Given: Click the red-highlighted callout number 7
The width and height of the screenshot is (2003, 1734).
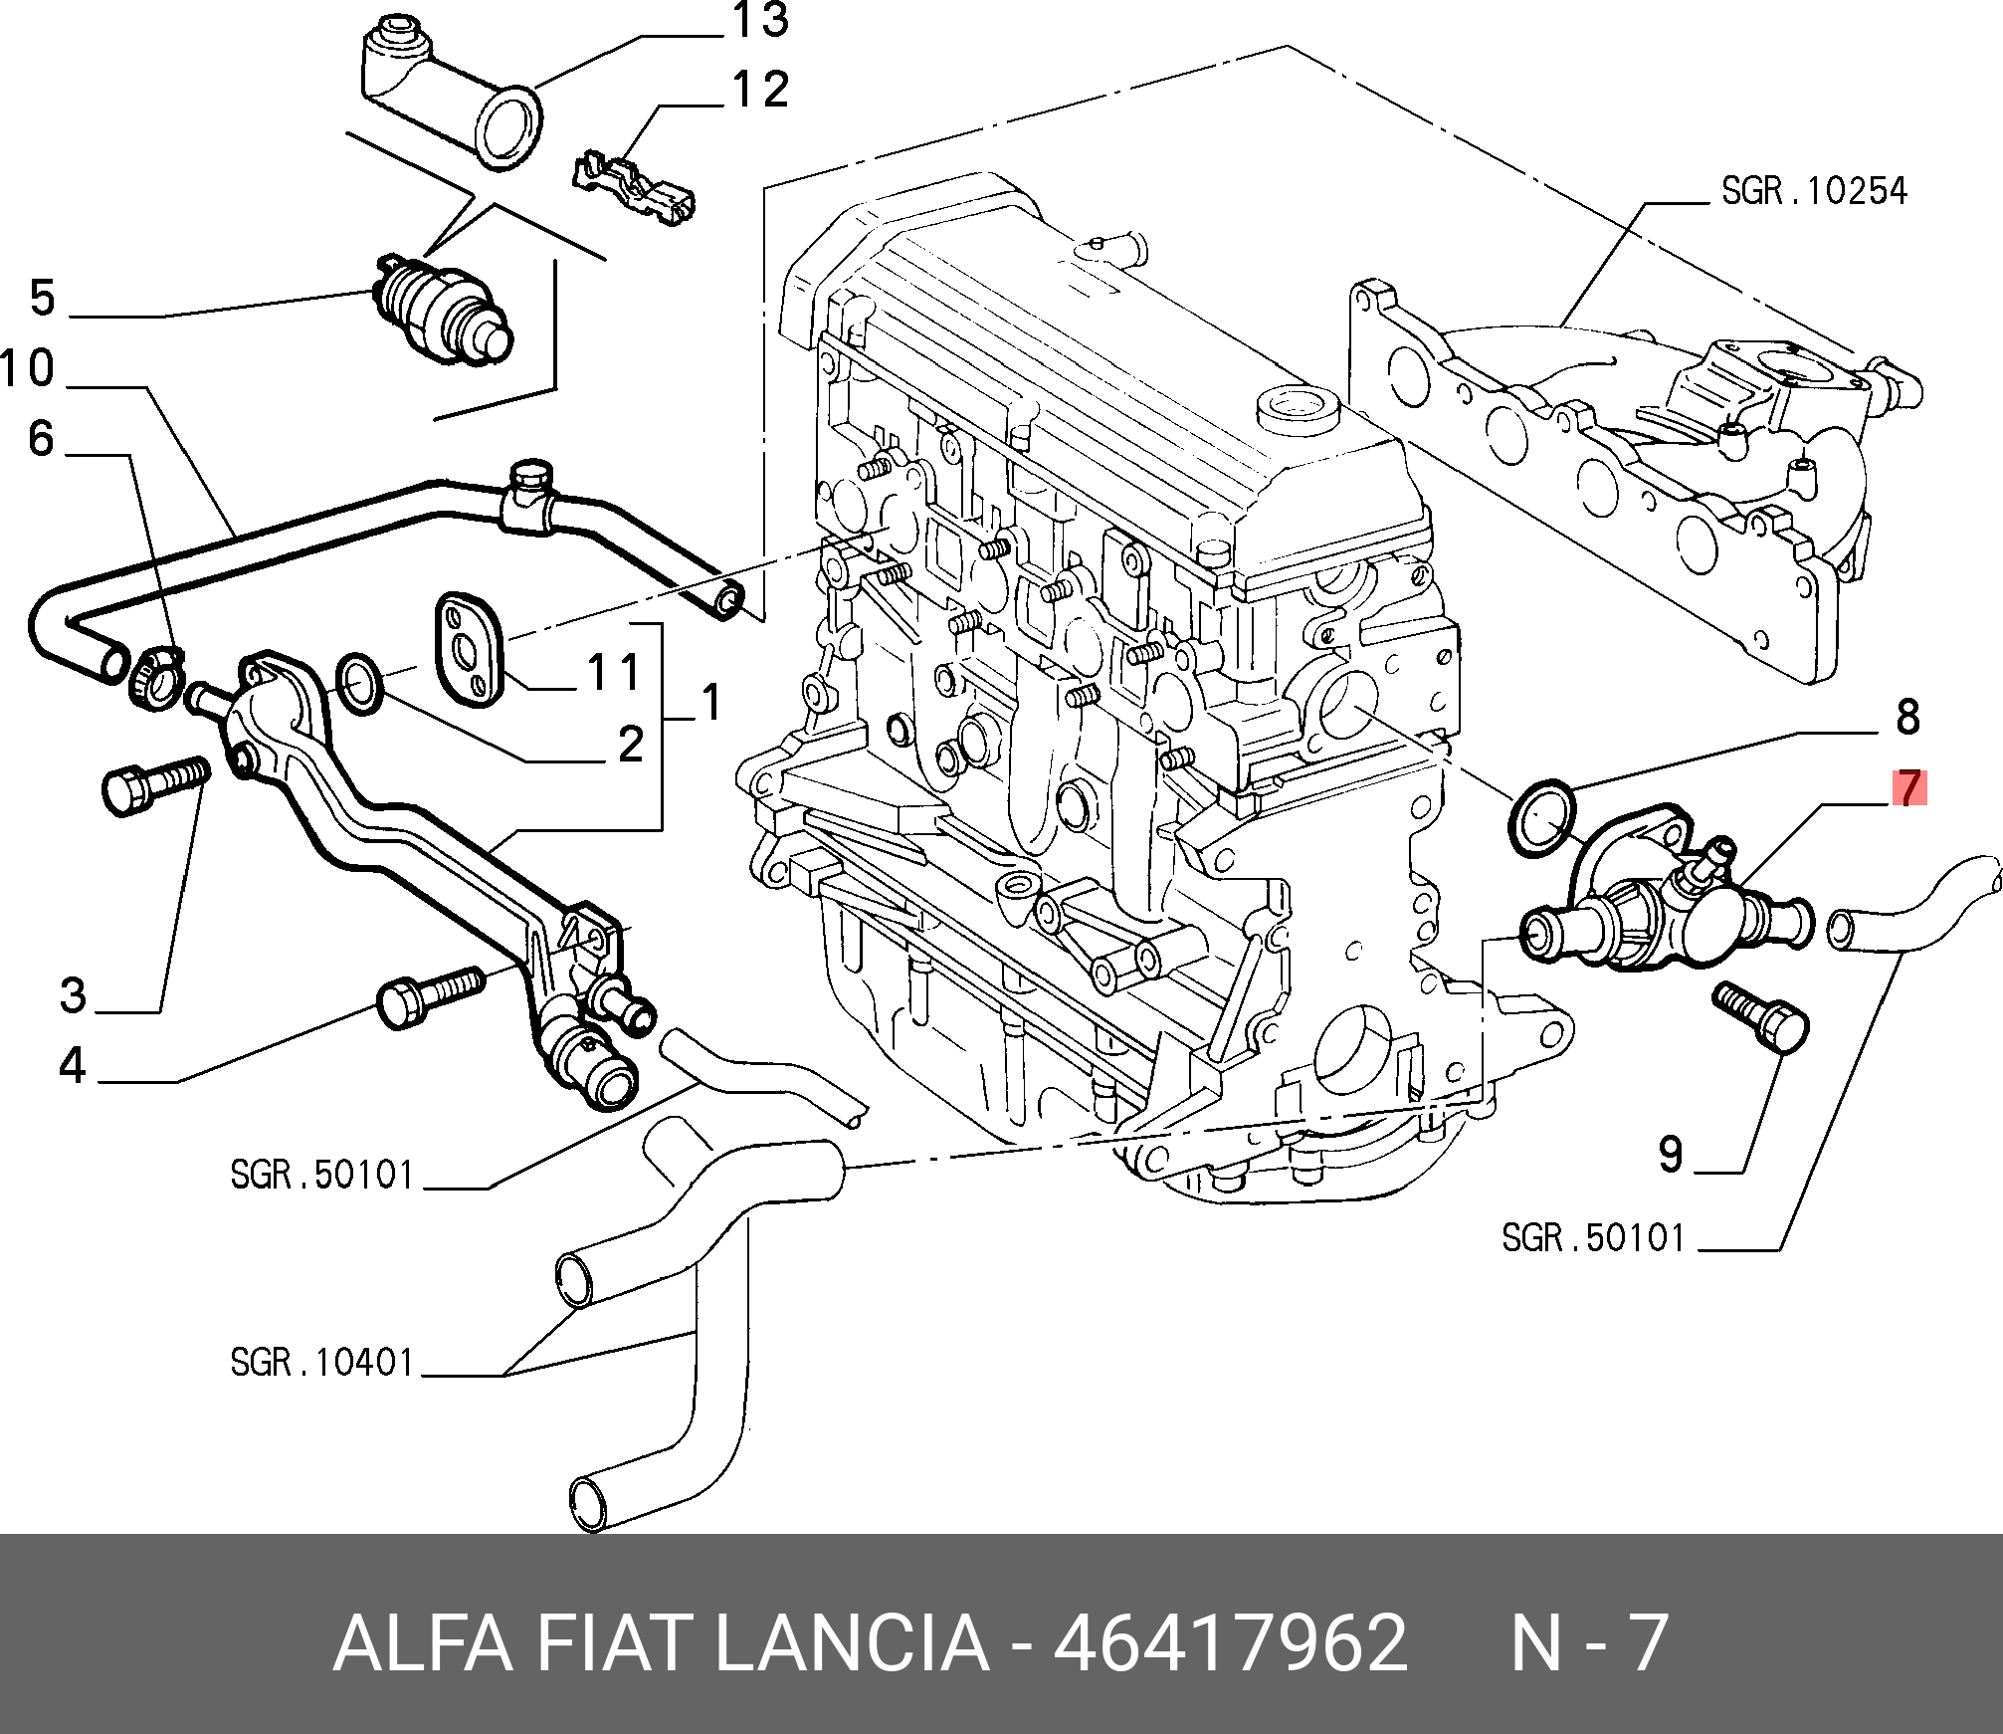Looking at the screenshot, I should (x=1908, y=788).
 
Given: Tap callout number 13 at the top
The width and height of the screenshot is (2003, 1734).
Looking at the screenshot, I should (x=760, y=21).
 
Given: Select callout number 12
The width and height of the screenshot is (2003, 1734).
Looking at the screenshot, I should (x=760, y=90).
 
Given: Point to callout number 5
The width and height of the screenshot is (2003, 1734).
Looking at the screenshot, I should (x=43, y=298).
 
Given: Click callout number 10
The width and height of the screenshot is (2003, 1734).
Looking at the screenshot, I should (x=28, y=368).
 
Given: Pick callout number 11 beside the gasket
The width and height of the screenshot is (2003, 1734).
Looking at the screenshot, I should (x=614, y=672).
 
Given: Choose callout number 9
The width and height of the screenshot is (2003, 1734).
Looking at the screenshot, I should (x=1671, y=1155).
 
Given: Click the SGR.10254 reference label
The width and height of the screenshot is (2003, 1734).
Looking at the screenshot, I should (x=1814, y=191).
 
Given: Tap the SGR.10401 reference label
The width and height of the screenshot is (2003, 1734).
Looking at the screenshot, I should (x=321, y=1363).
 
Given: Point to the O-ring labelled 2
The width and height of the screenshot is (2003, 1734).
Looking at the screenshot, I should (x=360, y=684).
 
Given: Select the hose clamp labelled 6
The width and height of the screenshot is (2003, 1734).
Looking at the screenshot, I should (x=156, y=677).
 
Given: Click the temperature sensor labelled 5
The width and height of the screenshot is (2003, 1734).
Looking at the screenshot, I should (x=443, y=312).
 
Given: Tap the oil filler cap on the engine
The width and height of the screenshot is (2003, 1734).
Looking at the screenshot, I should (x=1298, y=406).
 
